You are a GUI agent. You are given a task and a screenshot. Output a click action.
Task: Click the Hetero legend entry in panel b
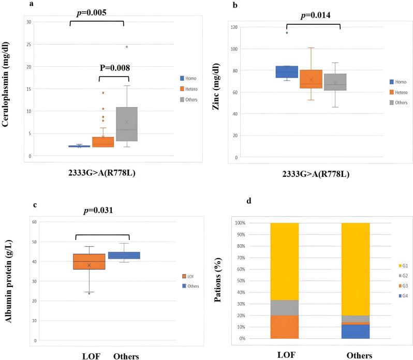[400, 92]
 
